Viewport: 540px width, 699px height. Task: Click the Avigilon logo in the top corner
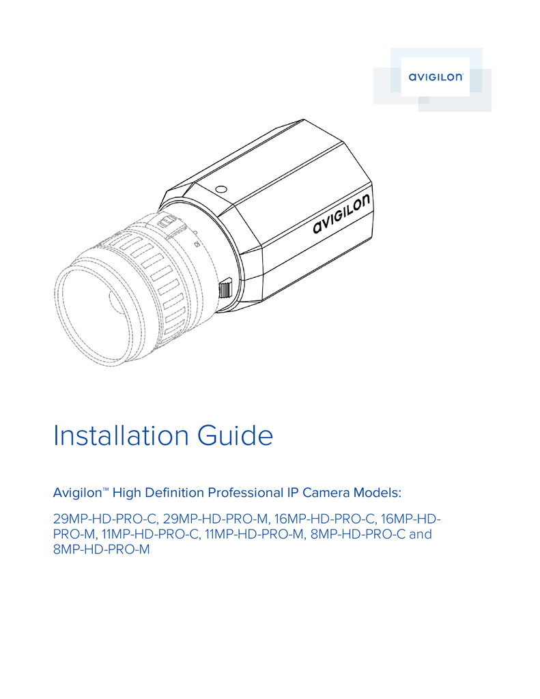pos(436,77)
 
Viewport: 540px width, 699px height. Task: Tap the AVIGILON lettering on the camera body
pos(343,214)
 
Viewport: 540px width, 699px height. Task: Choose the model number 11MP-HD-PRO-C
pos(150,534)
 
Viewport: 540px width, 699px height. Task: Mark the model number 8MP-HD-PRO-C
pos(357,534)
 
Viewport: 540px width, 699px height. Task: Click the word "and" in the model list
pos(420,534)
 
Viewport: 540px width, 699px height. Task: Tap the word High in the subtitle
pos(127,493)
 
